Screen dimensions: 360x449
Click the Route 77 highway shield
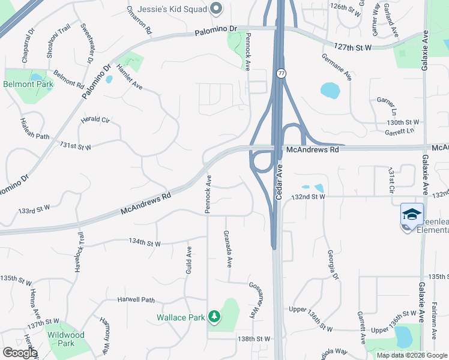coord(280,73)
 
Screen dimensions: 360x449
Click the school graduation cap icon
coord(412,214)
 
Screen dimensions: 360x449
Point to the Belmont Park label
coord(28,84)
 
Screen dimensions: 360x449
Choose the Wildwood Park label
coord(65,339)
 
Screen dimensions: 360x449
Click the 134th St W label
coord(145,243)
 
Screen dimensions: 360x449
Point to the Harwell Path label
coord(136,299)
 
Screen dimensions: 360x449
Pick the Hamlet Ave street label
coord(128,77)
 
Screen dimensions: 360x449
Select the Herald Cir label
coord(96,120)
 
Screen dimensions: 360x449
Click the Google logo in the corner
coord(20,352)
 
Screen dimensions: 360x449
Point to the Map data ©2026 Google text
coord(411,355)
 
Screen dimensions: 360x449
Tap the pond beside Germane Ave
coord(330,90)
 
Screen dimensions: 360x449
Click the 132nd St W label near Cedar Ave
coord(308,196)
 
